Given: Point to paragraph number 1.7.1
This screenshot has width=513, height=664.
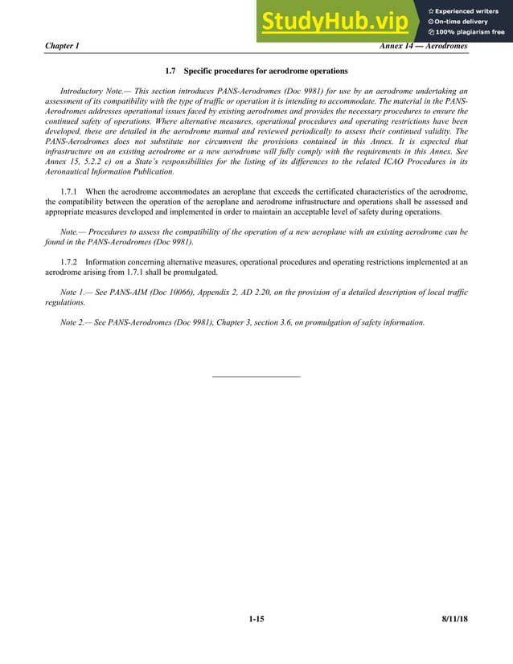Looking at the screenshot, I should tap(72, 191).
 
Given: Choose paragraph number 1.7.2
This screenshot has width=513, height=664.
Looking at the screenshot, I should tap(72, 262).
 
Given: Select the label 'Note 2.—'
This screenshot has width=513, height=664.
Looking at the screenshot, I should tap(76, 322).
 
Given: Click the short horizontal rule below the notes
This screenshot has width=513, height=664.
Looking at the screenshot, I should tap(256, 376).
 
